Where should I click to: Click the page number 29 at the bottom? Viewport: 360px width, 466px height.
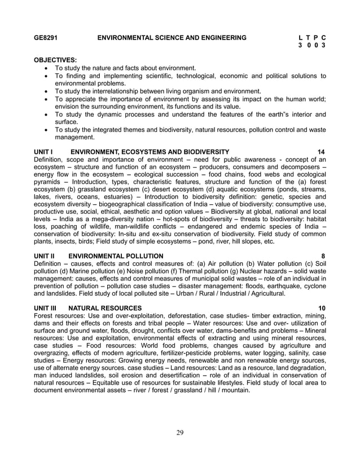pyautogui.click(x=180, y=432)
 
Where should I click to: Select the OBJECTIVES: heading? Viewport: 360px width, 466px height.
pyautogui.click(x=56, y=59)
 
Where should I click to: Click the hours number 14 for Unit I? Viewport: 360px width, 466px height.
pyautogui.click(x=321, y=152)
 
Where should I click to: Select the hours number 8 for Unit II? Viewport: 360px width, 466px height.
pyautogui.click(x=323, y=256)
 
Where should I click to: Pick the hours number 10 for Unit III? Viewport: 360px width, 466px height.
pyautogui.click(x=322, y=307)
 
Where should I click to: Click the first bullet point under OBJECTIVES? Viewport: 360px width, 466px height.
pyautogui.click(x=46, y=68)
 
